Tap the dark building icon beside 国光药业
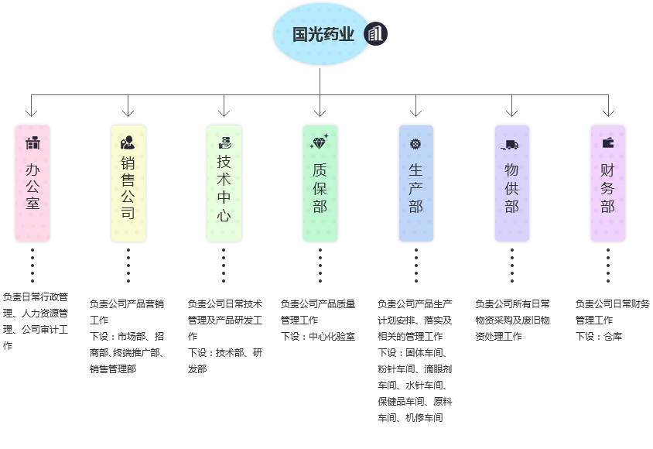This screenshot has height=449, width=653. point(376,34)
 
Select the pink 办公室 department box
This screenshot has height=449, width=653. point(32,183)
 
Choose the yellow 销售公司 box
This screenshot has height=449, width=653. point(128,183)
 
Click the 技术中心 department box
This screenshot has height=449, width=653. point(224,183)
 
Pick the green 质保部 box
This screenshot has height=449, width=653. point(320,183)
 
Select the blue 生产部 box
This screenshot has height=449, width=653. point(416,183)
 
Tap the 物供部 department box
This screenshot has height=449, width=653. point(512,183)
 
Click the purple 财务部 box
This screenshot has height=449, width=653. point(608,183)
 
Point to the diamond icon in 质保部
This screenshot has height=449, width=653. point(320,142)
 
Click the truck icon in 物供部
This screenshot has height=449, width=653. point(511,145)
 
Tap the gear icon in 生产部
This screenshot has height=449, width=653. point(415,143)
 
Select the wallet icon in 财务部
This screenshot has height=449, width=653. point(608,142)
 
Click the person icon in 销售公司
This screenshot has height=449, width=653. point(128,142)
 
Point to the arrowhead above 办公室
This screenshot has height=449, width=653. point(32,113)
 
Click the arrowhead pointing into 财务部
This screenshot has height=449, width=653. point(608,113)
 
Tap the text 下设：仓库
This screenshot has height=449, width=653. point(599,336)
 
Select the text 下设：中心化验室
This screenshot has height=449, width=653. point(318,336)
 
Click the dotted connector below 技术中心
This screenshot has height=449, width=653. point(224,266)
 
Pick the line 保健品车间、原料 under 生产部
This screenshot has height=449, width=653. point(415,401)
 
